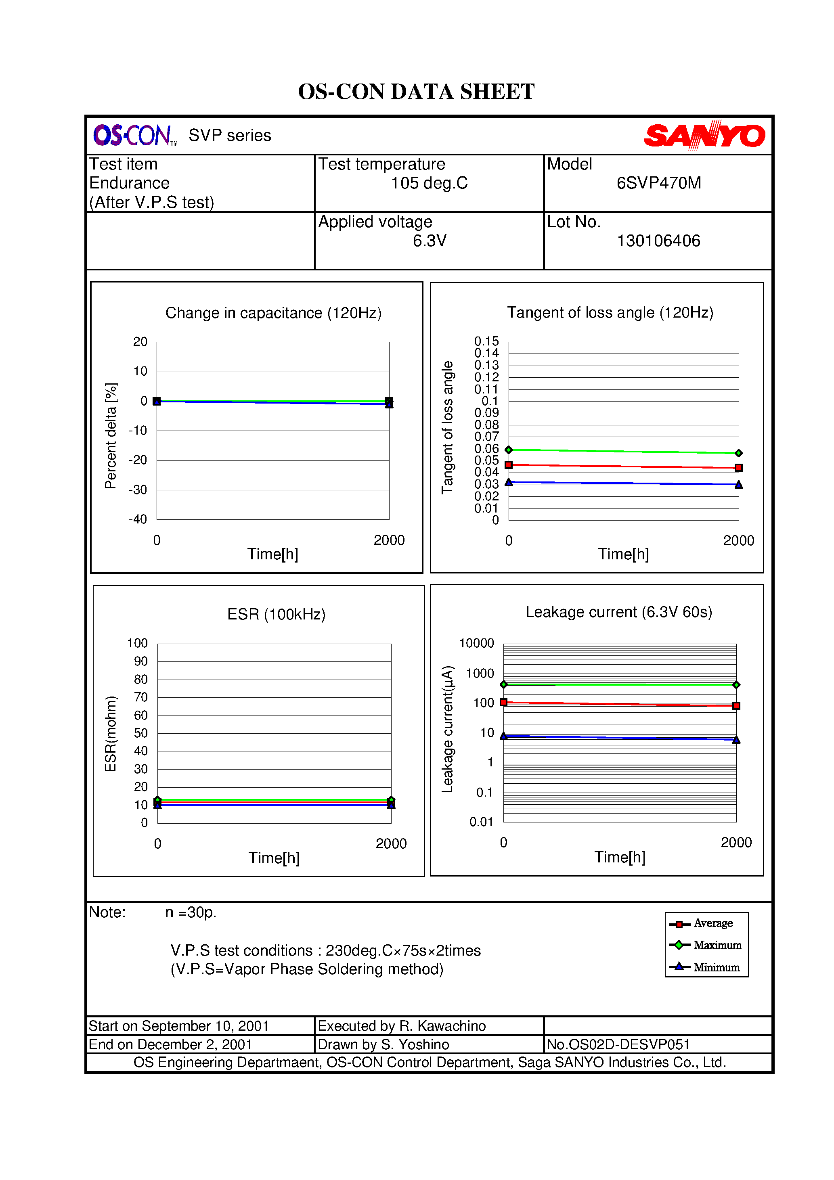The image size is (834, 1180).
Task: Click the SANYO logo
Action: (704, 136)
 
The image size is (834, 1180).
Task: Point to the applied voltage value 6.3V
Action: (430, 241)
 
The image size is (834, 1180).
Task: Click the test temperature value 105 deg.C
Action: (430, 183)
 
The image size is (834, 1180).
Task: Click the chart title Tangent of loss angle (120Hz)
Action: (610, 312)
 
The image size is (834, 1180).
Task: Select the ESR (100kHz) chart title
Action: (276, 614)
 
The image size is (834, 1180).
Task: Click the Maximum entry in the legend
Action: (717, 945)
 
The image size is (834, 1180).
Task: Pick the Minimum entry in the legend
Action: (716, 967)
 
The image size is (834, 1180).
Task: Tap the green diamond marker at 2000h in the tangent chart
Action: (738, 453)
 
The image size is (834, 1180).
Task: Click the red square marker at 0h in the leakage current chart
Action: (504, 702)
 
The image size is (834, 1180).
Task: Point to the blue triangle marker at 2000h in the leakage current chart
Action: (736, 740)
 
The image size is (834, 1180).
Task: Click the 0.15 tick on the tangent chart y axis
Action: (486, 342)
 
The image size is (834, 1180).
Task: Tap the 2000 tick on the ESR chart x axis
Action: (391, 844)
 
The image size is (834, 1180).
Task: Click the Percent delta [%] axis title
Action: (111, 436)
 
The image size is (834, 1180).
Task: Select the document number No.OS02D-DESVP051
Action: (618, 1044)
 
